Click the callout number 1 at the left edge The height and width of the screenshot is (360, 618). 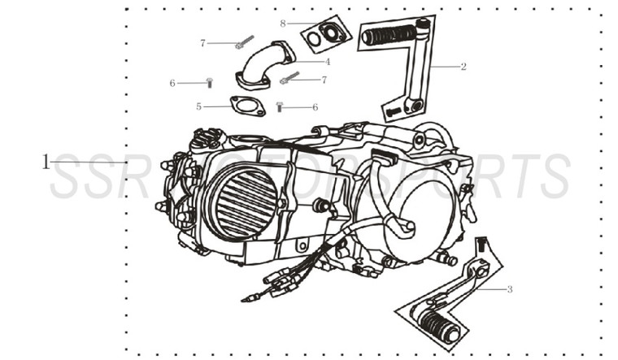tap(46, 161)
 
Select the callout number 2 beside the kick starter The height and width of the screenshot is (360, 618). tap(463, 67)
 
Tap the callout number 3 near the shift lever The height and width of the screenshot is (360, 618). tap(509, 288)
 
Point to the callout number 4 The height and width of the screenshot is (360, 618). tap(327, 61)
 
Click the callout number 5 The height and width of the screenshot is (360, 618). tap(198, 106)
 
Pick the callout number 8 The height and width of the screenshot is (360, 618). tap(282, 23)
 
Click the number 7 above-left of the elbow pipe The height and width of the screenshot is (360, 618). tap(202, 42)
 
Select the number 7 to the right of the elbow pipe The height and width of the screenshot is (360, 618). tap(323, 80)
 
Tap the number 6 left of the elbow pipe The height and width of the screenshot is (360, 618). tap(172, 83)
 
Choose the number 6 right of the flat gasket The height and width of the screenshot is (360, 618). tap(314, 106)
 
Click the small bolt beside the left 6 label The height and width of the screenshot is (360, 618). tap(209, 82)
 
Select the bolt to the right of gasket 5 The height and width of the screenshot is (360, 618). tap(281, 106)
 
